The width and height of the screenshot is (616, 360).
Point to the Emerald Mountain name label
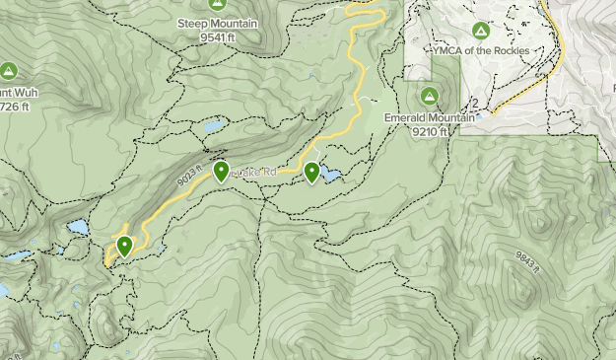point(430,114)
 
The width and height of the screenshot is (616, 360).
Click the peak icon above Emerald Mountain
point(430,96)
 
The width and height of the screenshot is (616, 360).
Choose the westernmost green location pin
point(124,245)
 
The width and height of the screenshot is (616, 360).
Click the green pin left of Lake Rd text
point(221,172)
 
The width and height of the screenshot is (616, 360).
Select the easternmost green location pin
point(312,172)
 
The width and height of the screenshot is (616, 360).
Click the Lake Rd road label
point(248,173)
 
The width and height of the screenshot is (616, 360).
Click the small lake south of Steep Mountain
point(213,126)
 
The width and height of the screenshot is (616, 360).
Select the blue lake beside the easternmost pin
point(330,177)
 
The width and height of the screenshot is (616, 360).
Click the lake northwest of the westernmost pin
point(77,229)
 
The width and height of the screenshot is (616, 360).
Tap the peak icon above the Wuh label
point(9,71)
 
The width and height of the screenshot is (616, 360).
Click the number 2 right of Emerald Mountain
point(475,103)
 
